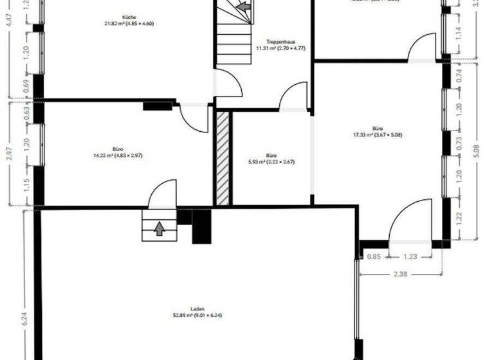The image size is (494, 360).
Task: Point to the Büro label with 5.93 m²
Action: pyautogui.click(x=271, y=155)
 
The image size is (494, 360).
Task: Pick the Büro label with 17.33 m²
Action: pyautogui.click(x=377, y=128)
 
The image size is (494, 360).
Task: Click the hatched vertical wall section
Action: pyautogui.click(x=223, y=158)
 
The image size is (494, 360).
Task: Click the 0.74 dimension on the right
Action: pyautogui.click(x=458, y=75)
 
